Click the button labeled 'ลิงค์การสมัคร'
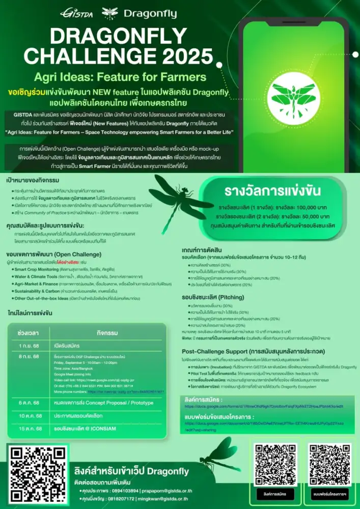click(x=275, y=494)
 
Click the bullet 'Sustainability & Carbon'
click(x=38, y=291)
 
